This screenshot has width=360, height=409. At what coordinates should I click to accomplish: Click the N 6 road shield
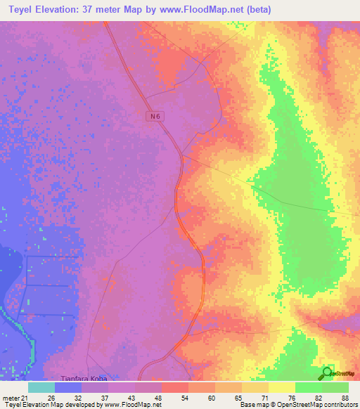(156, 117)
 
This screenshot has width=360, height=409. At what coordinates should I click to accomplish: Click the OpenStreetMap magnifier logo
(328, 373)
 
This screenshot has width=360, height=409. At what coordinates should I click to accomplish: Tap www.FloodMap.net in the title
(210, 10)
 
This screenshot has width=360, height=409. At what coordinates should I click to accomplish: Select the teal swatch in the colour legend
(41, 387)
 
